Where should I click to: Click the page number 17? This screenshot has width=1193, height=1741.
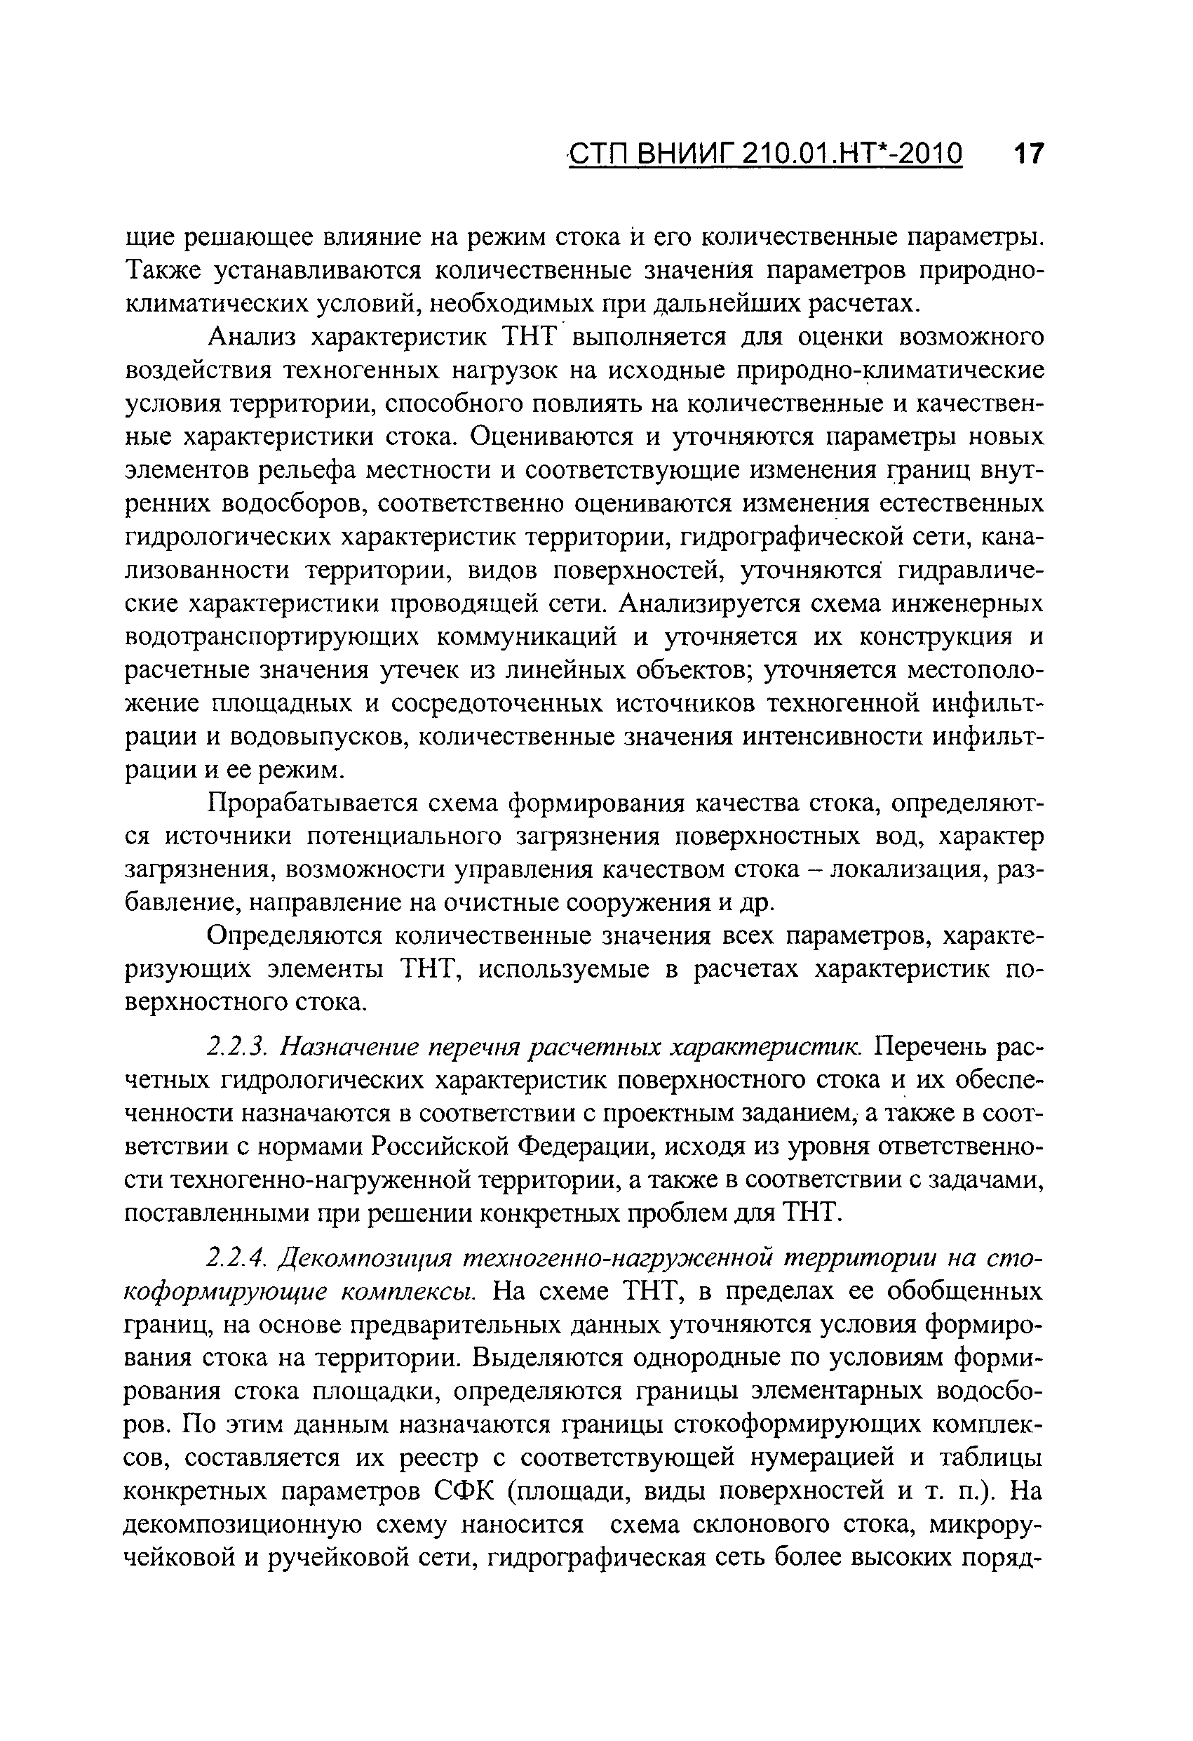1027,154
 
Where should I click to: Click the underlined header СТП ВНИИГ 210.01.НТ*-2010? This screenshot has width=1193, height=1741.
764,154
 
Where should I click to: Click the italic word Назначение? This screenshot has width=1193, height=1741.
346,1046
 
